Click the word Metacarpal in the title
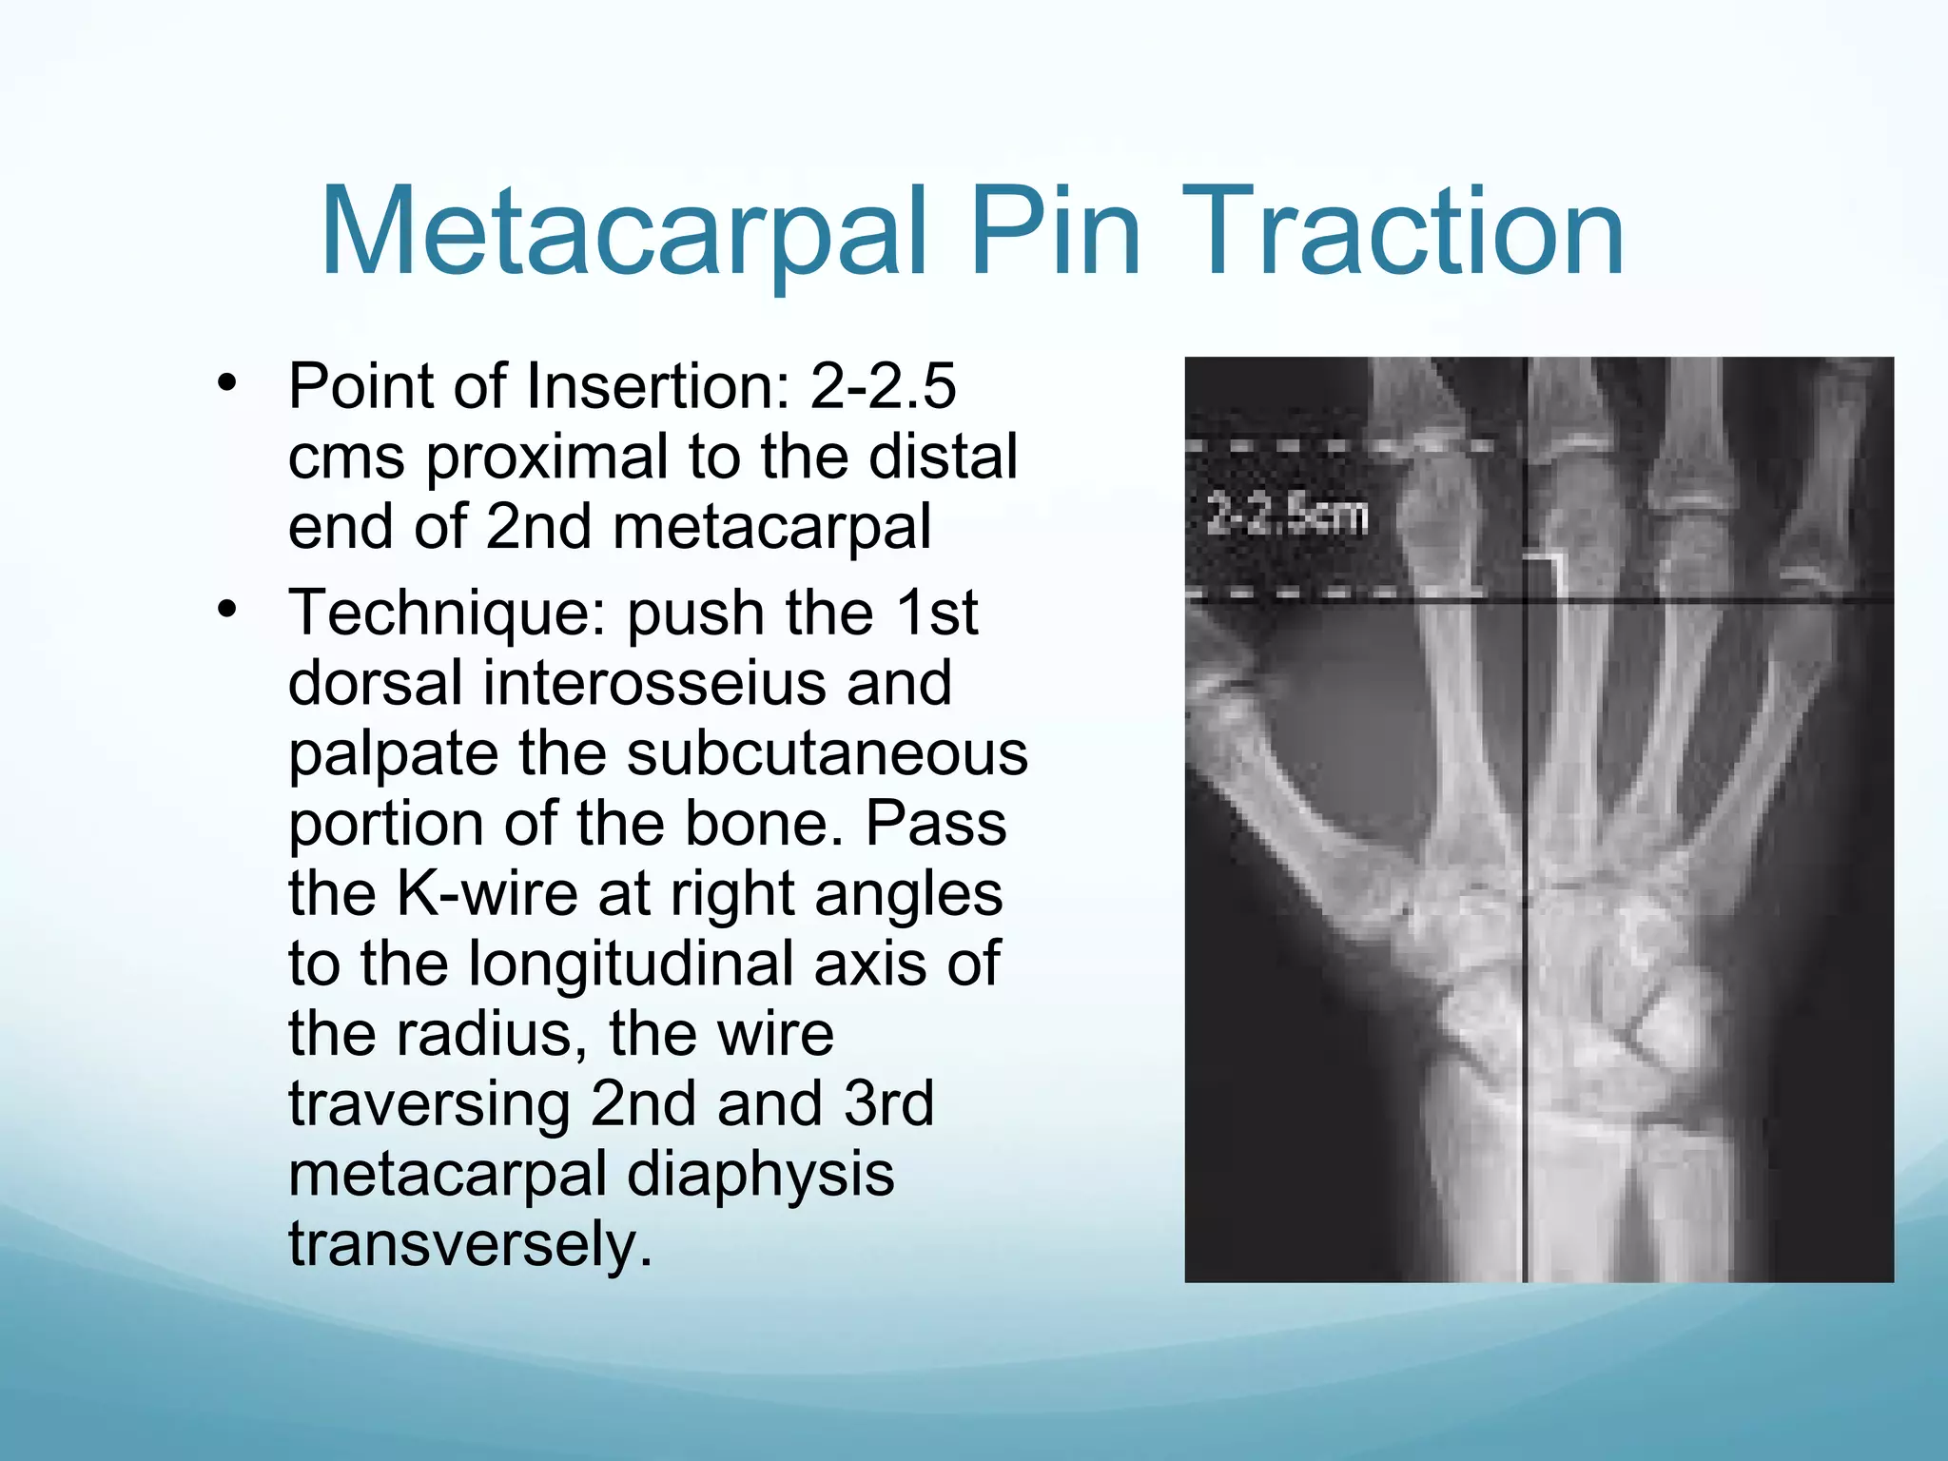click(623, 233)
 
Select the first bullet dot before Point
click(226, 384)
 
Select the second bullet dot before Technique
click(226, 610)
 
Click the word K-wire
click(486, 893)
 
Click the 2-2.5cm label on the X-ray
click(1286, 516)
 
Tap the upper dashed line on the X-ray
click(1332, 445)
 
